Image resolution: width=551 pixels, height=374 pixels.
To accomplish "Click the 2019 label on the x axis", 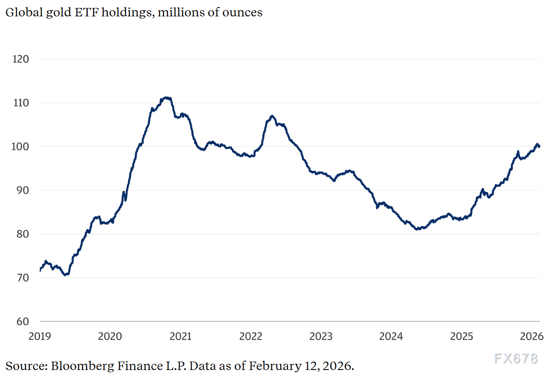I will [40, 336].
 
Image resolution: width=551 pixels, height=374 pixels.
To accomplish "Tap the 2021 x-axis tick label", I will [180, 336].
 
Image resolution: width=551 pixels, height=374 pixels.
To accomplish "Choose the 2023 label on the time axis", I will [320, 336].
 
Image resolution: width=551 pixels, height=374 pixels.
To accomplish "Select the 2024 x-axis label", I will [391, 336].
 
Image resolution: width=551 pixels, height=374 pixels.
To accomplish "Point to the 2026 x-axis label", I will [531, 336].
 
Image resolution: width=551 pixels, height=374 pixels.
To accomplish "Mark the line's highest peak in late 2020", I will [166, 97].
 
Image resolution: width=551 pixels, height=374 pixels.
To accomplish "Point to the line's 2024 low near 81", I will [418, 229].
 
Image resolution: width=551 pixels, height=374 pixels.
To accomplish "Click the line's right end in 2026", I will [539, 146].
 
